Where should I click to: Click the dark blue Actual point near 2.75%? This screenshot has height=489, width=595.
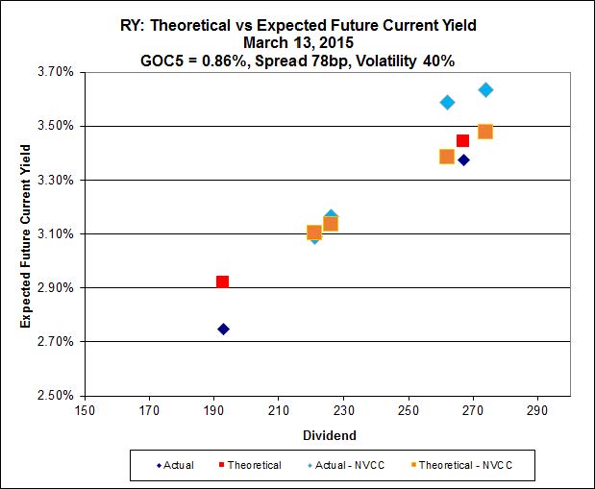pyautogui.click(x=223, y=329)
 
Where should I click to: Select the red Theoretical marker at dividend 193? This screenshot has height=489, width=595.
pyautogui.click(x=222, y=281)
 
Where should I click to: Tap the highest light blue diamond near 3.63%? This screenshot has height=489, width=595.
pyautogui.click(x=485, y=89)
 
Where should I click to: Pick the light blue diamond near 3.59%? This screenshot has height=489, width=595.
pyautogui.click(x=447, y=102)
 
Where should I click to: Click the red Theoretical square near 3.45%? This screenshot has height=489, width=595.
pyautogui.click(x=462, y=141)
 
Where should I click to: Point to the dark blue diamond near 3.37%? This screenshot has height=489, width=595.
pyautogui.click(x=463, y=159)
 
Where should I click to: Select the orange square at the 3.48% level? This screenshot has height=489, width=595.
pyautogui.click(x=485, y=132)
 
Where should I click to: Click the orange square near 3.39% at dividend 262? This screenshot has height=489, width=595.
pyautogui.click(x=447, y=157)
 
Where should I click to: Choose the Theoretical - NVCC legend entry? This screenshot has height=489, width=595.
pyautogui.click(x=464, y=465)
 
